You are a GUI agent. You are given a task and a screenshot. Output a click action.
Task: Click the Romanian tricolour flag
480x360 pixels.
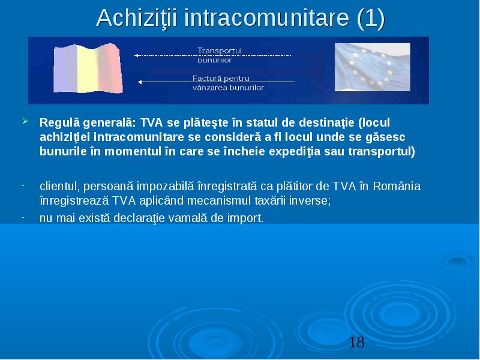88,68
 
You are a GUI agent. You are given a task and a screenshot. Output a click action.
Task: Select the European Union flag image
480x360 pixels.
372,67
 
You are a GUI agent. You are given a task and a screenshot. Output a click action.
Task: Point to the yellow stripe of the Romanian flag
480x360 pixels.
88,69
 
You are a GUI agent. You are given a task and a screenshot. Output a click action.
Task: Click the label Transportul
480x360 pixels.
220,50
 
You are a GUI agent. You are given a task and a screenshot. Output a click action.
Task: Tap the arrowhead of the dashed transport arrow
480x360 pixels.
137,55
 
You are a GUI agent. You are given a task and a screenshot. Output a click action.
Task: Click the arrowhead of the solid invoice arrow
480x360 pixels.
140,82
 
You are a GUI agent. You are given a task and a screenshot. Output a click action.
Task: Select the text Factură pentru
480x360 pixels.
221,78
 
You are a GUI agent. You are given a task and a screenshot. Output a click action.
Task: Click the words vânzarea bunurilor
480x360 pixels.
228,88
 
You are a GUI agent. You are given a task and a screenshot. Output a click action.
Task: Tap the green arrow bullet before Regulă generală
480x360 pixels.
25,121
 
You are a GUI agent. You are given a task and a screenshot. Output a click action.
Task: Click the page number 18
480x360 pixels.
356,342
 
